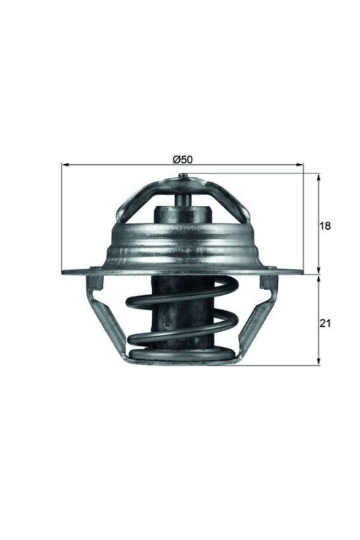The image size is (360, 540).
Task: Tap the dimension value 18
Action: point(325,225)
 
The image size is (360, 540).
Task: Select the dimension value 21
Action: point(325,324)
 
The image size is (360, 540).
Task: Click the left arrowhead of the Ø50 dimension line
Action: point(65,166)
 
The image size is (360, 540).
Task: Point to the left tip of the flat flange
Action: point(64,272)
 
